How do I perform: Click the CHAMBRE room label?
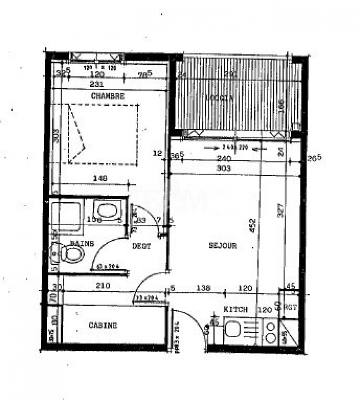pos(108,96)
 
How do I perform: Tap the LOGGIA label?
pos(219,98)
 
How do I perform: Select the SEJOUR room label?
pos(223,245)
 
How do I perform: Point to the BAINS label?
pos(82,243)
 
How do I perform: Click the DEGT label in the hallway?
pos(141,247)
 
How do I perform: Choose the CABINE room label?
pos(103,325)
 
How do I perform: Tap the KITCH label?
pos(235,309)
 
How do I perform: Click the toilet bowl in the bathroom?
pos(72,254)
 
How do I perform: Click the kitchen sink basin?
pos(232,328)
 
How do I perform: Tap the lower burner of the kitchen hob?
pos(271,338)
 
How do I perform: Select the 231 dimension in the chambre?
pos(97,84)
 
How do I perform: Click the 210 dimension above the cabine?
pos(102,285)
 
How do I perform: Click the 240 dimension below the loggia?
pos(225,159)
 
